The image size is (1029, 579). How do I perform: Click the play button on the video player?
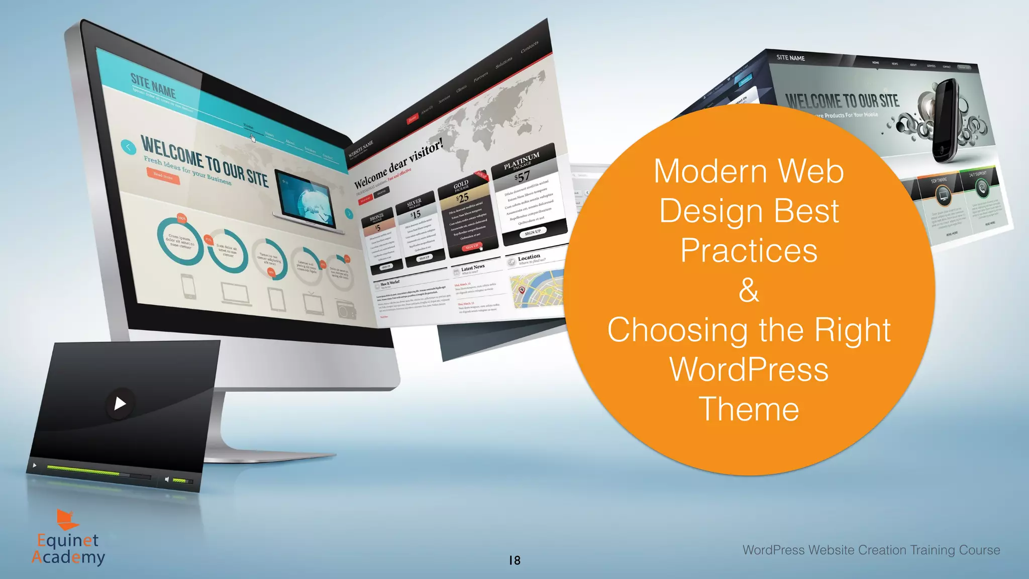coord(120,403)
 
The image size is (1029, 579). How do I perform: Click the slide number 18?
coord(514,560)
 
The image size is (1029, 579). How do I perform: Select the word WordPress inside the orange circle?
coord(749,369)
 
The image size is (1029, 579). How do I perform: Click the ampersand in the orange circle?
coord(749,290)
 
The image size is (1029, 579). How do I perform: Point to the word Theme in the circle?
coord(749,409)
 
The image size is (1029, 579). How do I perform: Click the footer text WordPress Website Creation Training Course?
coord(871,550)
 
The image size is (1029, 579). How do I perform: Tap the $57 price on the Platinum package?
coord(522,176)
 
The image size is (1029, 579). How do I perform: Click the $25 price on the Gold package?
coord(463,198)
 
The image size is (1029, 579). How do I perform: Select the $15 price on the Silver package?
coord(416,215)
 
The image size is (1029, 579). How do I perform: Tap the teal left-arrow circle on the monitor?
coord(129,147)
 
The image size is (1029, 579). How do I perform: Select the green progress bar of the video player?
coord(83,470)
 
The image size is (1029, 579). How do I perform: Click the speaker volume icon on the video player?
coord(167,479)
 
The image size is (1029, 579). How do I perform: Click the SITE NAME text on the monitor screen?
coord(153,86)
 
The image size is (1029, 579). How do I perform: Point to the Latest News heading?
coord(473,267)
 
